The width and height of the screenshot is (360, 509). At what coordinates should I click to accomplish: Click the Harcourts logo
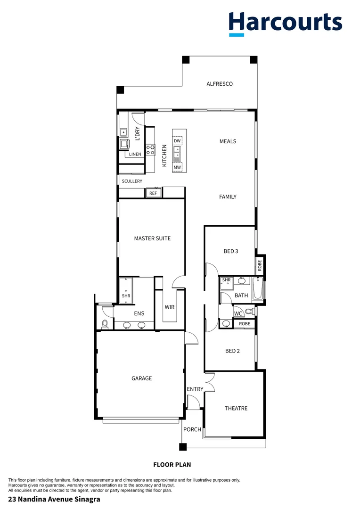tap(285, 24)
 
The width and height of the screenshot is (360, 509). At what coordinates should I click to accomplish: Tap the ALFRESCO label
tap(220, 84)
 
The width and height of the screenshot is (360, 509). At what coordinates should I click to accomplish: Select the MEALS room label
tap(228, 141)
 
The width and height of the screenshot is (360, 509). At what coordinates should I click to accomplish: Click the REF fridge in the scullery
tap(153, 193)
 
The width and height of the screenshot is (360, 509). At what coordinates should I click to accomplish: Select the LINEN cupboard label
tap(135, 154)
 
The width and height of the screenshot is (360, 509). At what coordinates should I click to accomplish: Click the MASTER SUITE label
tap(152, 238)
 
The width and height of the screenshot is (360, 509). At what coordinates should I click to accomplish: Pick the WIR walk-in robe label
tap(170, 307)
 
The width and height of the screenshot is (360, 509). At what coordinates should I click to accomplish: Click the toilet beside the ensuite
tap(105, 324)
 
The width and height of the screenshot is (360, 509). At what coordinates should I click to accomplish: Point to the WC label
tap(238, 313)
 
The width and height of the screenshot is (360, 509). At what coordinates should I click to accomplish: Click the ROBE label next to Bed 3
tap(259, 265)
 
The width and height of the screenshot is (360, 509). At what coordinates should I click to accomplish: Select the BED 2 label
tap(233, 351)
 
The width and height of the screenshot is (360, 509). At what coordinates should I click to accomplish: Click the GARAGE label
tap(141, 378)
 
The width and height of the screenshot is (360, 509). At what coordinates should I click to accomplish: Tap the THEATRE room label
tap(236, 408)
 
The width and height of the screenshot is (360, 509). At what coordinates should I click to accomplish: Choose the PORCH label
tap(192, 429)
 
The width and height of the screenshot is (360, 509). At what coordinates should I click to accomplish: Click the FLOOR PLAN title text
tap(172, 465)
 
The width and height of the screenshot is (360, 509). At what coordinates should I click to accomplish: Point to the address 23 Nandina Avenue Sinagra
tap(54, 499)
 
